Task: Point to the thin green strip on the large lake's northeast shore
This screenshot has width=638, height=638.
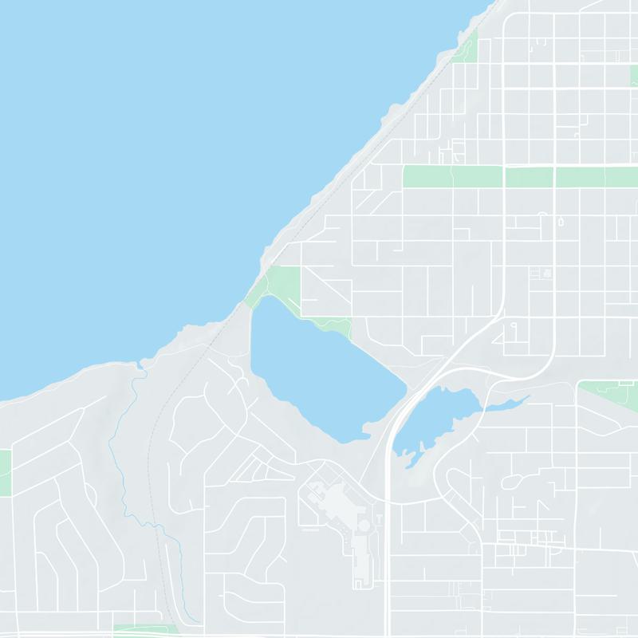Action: pos(331,325)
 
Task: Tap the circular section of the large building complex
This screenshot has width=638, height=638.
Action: pos(364,526)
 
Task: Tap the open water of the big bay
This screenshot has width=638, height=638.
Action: pos(159,159)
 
